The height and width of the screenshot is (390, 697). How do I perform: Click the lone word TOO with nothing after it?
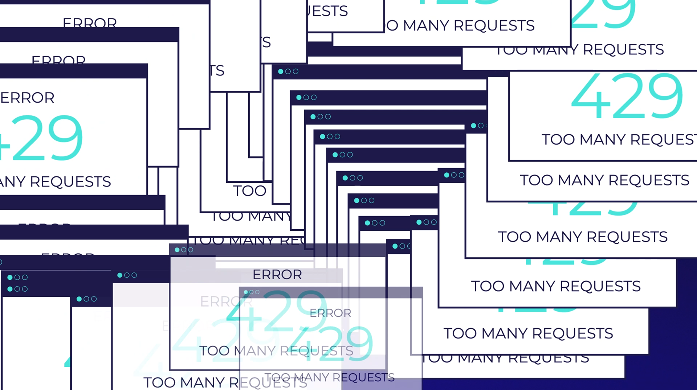pos(250,191)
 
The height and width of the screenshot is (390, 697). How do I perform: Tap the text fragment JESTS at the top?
pos(327,11)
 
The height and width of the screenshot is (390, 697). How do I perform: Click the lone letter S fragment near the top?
pos(266,42)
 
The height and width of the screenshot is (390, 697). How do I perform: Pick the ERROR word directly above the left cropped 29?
pos(28,98)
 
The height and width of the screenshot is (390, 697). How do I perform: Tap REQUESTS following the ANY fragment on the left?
pos(70,182)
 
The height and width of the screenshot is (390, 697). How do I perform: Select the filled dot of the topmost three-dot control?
pos(281,71)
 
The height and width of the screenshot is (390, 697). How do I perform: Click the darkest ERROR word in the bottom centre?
pos(277,275)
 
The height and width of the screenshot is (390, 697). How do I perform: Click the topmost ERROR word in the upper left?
pos(90,23)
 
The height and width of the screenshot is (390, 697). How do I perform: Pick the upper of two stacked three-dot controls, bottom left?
pos(17,278)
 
